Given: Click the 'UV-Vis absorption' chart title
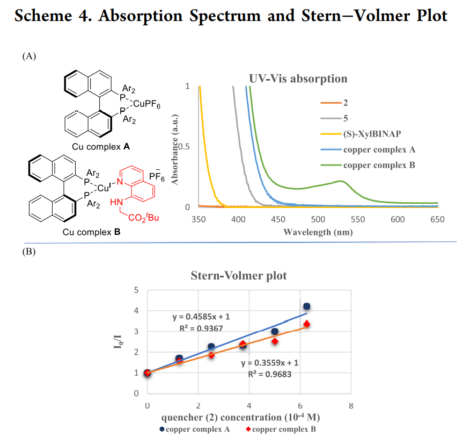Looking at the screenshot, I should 298,78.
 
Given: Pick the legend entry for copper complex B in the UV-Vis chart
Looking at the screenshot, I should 379,165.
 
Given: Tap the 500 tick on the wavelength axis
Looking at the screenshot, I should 318,219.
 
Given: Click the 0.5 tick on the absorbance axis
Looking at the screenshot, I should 184,147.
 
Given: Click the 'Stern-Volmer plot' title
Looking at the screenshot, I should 239,276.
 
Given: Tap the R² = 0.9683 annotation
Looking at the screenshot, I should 269,374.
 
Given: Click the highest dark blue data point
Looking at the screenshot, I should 306,306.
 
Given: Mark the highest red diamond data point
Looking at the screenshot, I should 306,324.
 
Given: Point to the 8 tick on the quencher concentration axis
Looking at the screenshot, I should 350,404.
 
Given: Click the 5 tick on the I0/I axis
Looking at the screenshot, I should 136,290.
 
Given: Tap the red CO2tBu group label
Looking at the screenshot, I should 142,218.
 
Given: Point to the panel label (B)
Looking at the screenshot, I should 29,251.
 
